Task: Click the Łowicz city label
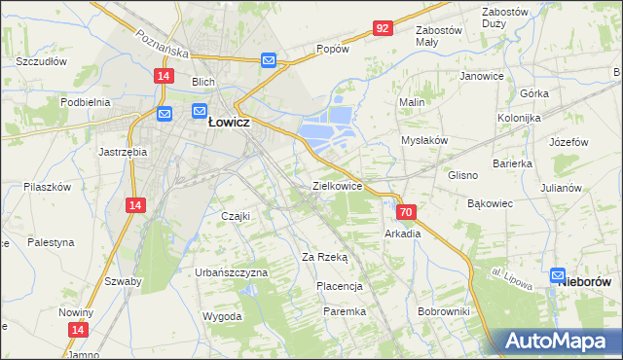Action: [x=231, y=124]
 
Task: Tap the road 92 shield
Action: [x=383, y=28]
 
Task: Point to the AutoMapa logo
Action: [x=555, y=342]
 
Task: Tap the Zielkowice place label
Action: [x=337, y=185]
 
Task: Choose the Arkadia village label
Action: [x=402, y=234]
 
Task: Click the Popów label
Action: [x=334, y=49]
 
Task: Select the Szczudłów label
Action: [x=40, y=60]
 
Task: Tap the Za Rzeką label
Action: [x=324, y=257]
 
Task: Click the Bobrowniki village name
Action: [x=443, y=311]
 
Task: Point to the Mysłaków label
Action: [x=424, y=140]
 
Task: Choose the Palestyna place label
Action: [x=51, y=242]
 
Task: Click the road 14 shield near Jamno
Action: [x=76, y=331]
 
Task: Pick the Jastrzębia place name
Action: [x=123, y=152]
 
